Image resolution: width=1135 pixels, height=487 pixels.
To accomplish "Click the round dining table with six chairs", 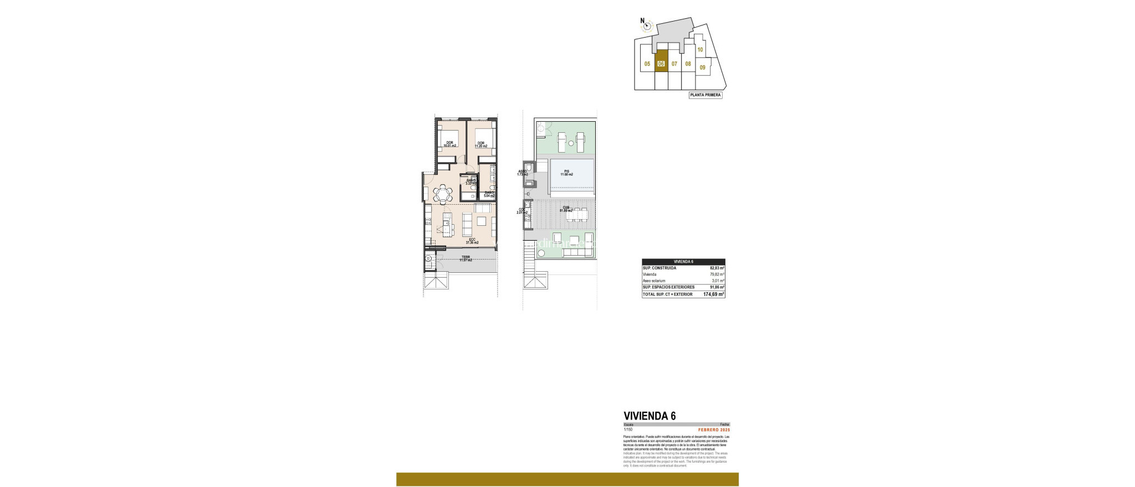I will pyautogui.click(x=442, y=194).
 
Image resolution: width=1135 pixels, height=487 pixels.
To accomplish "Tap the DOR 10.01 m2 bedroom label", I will pyautogui.click(x=449, y=144).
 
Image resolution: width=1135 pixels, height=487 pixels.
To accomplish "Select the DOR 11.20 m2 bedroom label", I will pyautogui.click(x=480, y=144).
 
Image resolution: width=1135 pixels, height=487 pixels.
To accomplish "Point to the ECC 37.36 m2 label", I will pyautogui.click(x=472, y=241).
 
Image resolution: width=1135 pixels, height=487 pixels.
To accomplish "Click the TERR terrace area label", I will pyautogui.click(x=466, y=258).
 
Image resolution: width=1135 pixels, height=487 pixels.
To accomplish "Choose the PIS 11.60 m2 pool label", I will pyautogui.click(x=566, y=173).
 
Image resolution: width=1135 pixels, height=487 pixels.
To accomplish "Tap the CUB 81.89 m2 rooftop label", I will pyautogui.click(x=566, y=209).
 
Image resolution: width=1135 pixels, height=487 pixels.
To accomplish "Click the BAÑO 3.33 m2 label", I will pyautogui.click(x=471, y=182).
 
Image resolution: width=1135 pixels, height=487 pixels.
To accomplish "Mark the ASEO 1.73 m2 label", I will pyautogui.click(x=522, y=173).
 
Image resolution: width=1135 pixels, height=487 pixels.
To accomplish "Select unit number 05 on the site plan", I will pyautogui.click(x=647, y=64).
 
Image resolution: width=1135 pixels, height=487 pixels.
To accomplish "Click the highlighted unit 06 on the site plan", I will pyautogui.click(x=661, y=64).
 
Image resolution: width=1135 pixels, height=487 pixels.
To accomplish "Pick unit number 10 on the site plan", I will pyautogui.click(x=701, y=50).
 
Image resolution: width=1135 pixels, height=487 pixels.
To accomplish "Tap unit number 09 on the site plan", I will pyautogui.click(x=702, y=68).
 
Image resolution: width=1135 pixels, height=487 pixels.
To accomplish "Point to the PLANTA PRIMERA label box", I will pyautogui.click(x=705, y=95).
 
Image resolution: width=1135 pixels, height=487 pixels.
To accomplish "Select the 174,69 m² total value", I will pyautogui.click(x=713, y=294).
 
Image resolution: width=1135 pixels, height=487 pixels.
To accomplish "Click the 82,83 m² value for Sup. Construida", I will pyautogui.click(x=717, y=268).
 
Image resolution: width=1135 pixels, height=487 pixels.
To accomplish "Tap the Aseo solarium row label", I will pyautogui.click(x=654, y=281).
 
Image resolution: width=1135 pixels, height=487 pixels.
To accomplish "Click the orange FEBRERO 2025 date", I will pyautogui.click(x=714, y=430).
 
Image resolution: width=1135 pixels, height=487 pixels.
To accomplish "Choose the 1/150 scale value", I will pyautogui.click(x=628, y=430).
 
